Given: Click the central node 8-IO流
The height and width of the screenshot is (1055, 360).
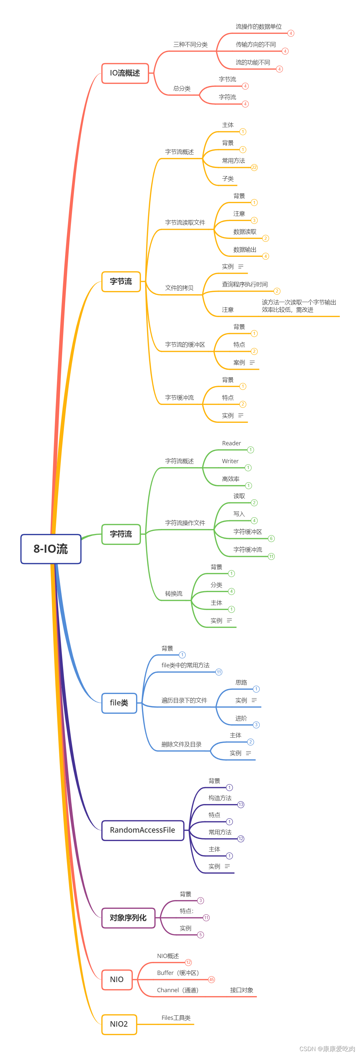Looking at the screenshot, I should point(51,549).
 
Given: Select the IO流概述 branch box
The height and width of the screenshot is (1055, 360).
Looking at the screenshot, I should point(125,73).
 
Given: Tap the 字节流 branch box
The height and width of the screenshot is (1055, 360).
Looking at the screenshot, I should point(121,282).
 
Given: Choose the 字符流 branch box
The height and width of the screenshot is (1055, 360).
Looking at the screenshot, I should point(121,534).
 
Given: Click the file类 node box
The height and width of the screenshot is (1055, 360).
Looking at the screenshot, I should point(119,703).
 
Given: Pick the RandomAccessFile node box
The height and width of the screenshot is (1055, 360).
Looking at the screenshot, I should point(143,830).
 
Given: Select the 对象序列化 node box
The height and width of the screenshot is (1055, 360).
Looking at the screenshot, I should point(128,918).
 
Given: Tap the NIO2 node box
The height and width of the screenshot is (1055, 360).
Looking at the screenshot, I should point(119,1024).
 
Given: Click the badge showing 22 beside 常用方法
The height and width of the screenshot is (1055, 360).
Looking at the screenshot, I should point(254,168).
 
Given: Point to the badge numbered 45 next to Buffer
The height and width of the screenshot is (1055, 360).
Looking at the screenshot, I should point(211,980).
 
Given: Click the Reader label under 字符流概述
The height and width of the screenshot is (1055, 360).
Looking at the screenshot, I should point(231,443).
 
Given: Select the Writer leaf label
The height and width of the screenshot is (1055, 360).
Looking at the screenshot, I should point(230,461).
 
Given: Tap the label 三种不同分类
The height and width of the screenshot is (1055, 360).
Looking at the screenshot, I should point(190,45).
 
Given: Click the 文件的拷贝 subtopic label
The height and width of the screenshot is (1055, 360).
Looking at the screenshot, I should point(179,288).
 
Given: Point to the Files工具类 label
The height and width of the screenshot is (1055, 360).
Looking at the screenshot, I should point(176,1018).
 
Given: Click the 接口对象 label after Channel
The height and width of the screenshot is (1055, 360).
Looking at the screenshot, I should point(242,990).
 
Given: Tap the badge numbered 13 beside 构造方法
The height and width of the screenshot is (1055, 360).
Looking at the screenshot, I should point(241,804).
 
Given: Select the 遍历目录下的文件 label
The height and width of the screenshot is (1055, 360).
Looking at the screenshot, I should point(184,700).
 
